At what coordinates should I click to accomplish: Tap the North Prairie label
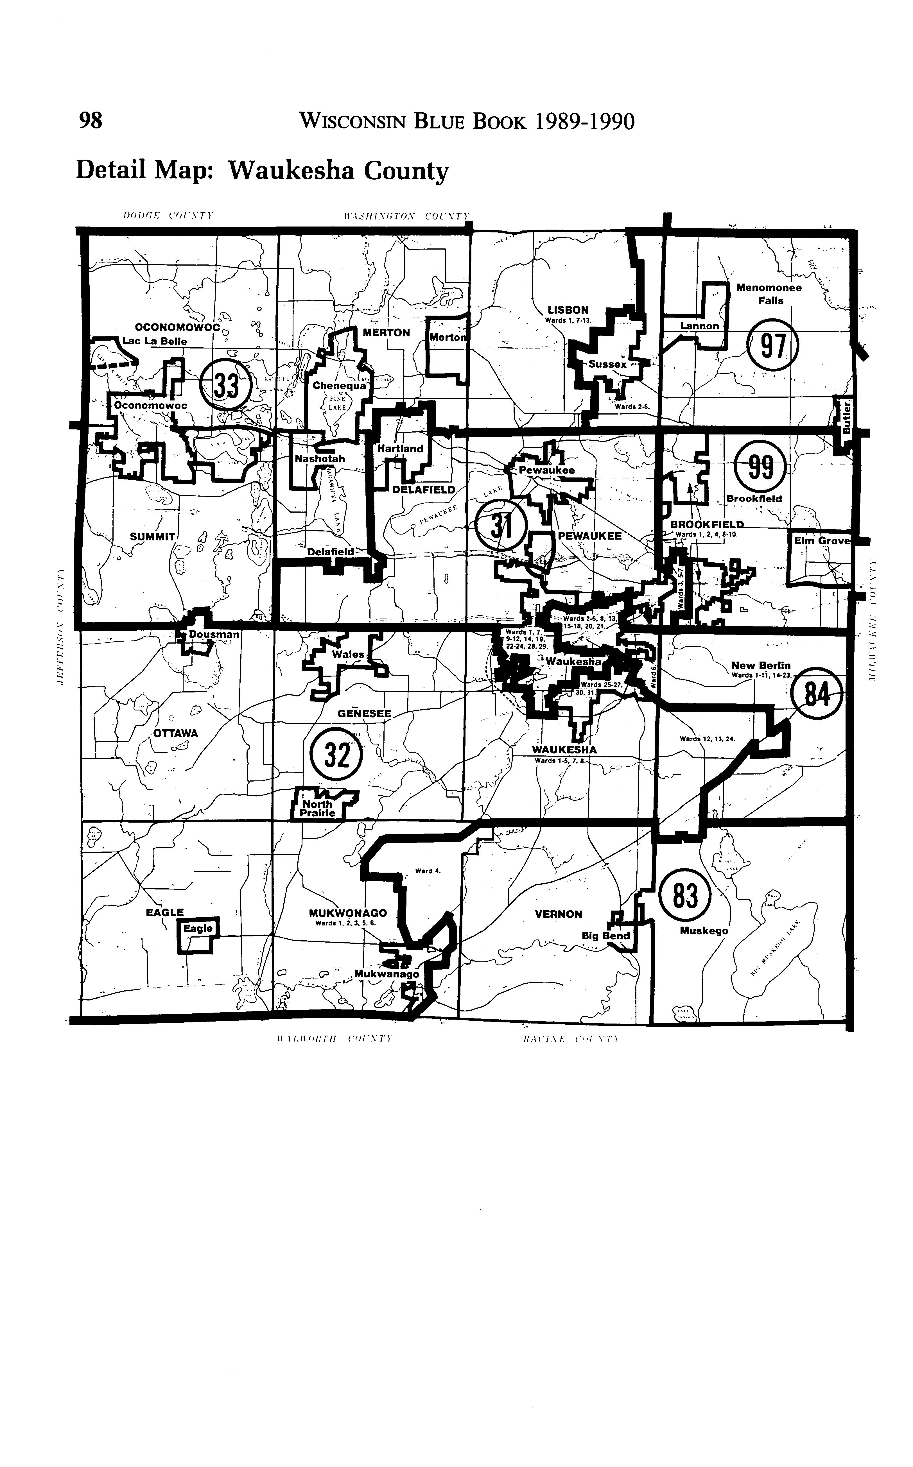[x=318, y=808]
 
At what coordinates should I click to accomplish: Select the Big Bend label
[x=606, y=936]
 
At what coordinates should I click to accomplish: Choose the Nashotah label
[x=319, y=459]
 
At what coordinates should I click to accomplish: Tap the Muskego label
[x=704, y=931]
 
